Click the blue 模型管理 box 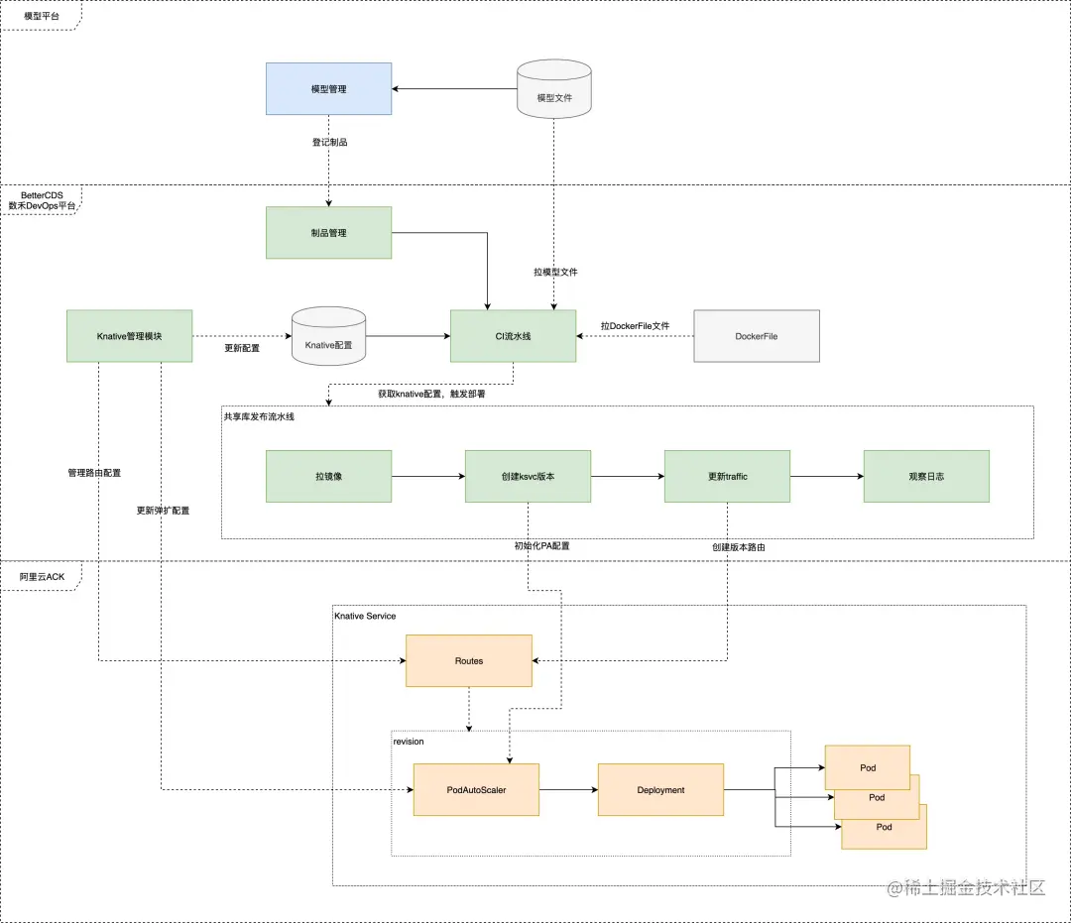(328, 89)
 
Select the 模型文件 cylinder (554, 89)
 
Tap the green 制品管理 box (328, 233)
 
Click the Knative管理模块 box (129, 336)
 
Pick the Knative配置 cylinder (328, 336)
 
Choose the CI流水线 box (513, 336)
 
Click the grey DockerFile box (757, 336)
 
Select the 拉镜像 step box (328, 477)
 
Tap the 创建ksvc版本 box (528, 477)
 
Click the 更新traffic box (728, 477)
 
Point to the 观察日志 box (926, 477)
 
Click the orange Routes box (468, 661)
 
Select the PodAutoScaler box (476, 790)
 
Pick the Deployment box (660, 790)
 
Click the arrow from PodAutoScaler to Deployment (568, 790)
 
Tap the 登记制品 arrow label (330, 142)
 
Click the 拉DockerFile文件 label (636, 326)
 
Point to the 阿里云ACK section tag (42, 577)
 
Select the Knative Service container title (365, 616)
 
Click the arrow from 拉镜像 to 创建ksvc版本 (428, 477)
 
